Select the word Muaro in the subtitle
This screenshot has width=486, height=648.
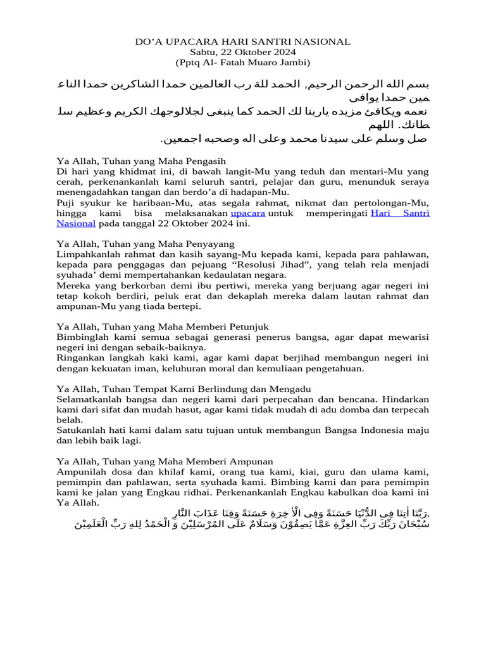(257, 62)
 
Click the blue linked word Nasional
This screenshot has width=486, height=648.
(76, 223)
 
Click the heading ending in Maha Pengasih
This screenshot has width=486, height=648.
(141, 161)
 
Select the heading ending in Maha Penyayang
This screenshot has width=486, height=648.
(145, 244)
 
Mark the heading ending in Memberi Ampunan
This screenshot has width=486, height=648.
(165, 461)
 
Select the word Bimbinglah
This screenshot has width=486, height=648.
(80, 337)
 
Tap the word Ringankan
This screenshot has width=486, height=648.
(79, 357)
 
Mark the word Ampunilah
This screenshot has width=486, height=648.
(80, 471)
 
